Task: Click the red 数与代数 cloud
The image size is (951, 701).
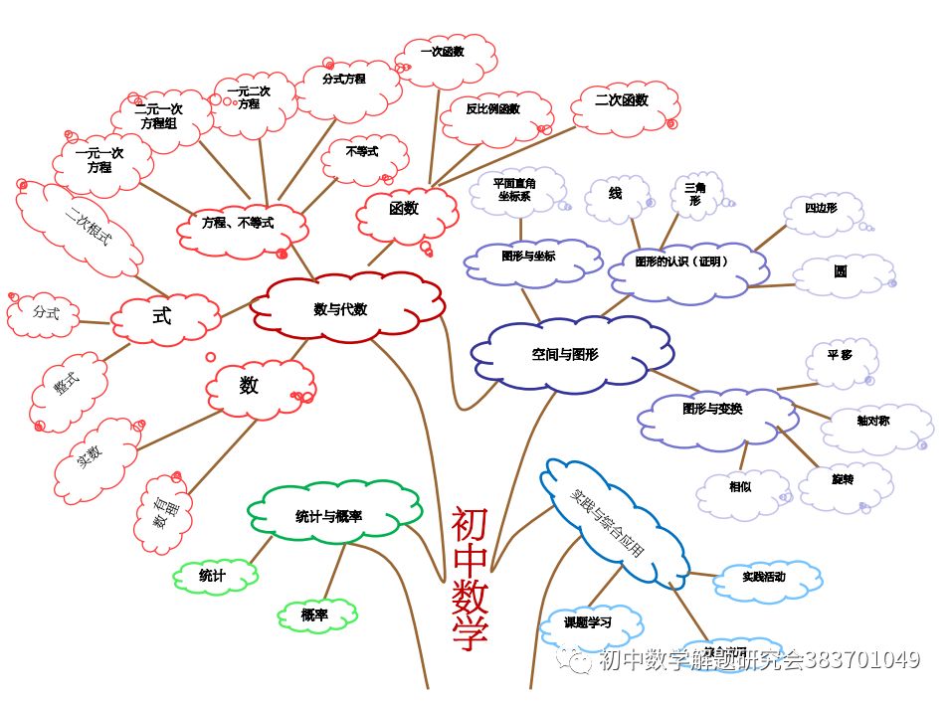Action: pyautogui.click(x=340, y=309)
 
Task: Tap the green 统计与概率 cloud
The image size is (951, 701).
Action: pyautogui.click(x=328, y=516)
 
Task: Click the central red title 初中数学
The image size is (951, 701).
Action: pyautogui.click(x=469, y=577)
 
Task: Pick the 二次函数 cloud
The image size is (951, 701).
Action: pyautogui.click(x=622, y=100)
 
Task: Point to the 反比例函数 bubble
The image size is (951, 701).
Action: pyautogui.click(x=493, y=109)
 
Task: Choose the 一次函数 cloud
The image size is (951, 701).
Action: pyautogui.click(x=443, y=52)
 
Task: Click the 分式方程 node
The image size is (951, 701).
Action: pyautogui.click(x=344, y=79)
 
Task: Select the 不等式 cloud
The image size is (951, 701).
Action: pyautogui.click(x=362, y=152)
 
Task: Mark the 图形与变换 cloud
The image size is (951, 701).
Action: pyautogui.click(x=712, y=409)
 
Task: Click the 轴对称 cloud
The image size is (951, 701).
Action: pyautogui.click(x=872, y=421)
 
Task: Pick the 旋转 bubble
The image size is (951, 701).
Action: pyautogui.click(x=843, y=479)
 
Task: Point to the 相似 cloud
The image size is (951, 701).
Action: pyautogui.click(x=740, y=487)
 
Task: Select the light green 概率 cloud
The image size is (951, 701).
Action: pyautogui.click(x=315, y=615)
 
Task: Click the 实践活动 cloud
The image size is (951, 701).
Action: pyautogui.click(x=764, y=577)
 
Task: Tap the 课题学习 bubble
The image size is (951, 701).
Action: pyautogui.click(x=588, y=623)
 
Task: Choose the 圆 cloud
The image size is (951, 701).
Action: pyautogui.click(x=842, y=270)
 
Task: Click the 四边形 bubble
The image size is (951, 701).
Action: pyautogui.click(x=821, y=208)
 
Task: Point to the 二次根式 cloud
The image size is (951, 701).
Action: pyautogui.click(x=87, y=228)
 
